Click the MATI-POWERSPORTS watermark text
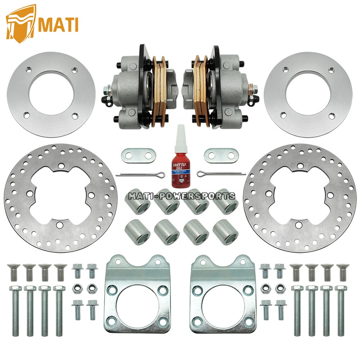coord(182,196)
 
